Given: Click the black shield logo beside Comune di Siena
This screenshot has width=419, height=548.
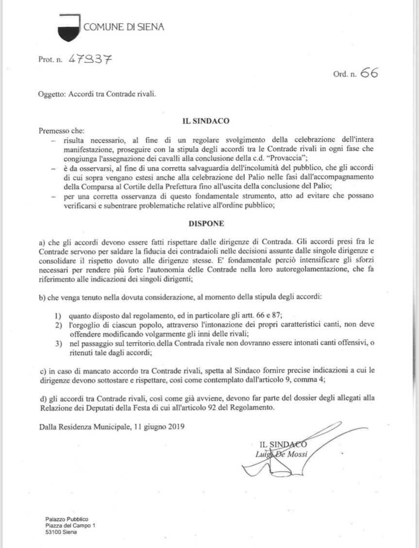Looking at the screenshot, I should [x=68, y=28].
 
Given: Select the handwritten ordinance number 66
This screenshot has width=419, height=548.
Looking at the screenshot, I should [x=369, y=73].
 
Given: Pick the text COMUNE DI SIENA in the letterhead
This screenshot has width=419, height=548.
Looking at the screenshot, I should [x=124, y=27].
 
